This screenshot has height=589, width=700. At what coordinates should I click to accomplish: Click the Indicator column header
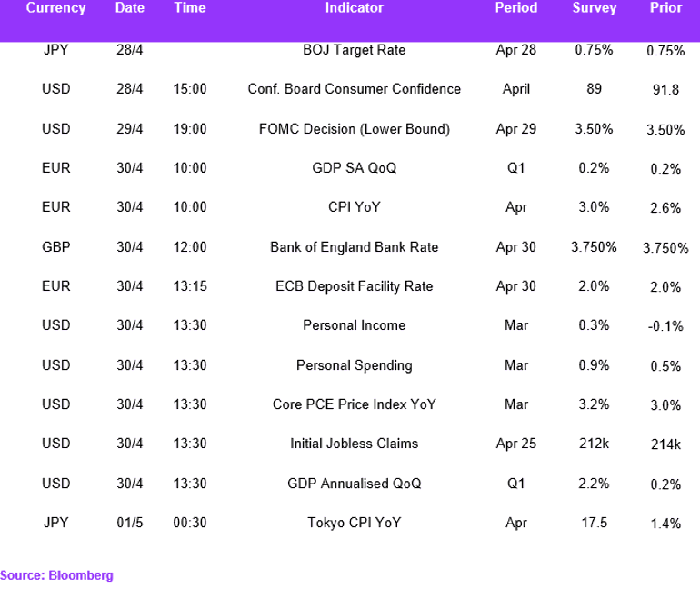[x=354, y=7]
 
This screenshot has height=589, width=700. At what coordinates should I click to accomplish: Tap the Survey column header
[x=595, y=8]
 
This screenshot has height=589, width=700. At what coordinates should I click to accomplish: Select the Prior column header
[x=665, y=7]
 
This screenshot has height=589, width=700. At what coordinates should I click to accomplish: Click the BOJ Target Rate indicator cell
[x=354, y=50]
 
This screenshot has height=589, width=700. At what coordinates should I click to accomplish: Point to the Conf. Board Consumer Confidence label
[x=354, y=89]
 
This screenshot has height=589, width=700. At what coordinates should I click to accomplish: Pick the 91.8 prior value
[x=665, y=90]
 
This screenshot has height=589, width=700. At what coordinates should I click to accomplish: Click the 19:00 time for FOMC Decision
[x=190, y=129]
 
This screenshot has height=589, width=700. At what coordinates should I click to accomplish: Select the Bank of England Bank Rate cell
[x=354, y=247]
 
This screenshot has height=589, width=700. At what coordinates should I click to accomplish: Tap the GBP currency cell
[x=55, y=247]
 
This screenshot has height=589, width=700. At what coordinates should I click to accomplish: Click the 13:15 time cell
[x=190, y=286]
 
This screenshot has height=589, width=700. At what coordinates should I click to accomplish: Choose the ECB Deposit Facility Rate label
[x=354, y=286]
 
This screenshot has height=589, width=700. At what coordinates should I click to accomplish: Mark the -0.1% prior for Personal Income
[x=665, y=326]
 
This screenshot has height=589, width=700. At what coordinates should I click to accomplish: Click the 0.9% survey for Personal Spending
[x=594, y=365]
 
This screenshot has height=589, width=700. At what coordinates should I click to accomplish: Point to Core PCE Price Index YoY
[x=354, y=404]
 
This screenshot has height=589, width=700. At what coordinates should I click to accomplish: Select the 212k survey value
[x=594, y=444]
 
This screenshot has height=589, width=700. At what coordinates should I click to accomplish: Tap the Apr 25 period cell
[x=516, y=444]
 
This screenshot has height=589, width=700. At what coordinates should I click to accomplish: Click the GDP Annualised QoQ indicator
[x=354, y=484]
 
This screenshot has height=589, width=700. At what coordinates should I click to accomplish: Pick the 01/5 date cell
[x=130, y=523]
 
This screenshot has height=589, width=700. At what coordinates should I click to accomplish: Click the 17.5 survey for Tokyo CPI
[x=594, y=523]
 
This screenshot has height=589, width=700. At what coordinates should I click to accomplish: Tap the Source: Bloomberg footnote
[x=56, y=575]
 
